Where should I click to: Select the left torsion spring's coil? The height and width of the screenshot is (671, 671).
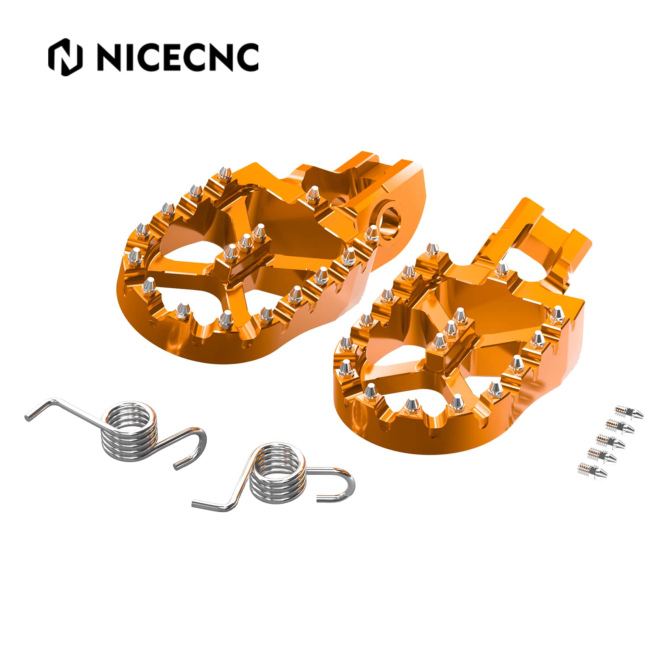(x=127, y=433)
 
